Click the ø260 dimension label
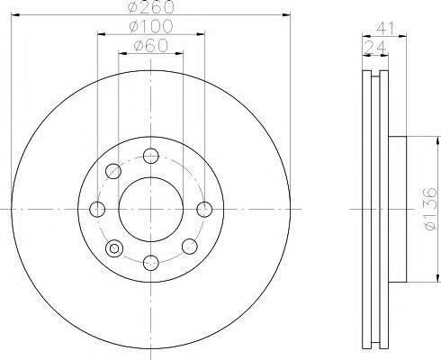coord(151,6)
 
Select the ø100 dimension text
coord(151,26)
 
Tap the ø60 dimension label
coord(151,46)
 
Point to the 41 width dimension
coord(385,28)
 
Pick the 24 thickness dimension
coord(375,47)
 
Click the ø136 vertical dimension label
coord(431,209)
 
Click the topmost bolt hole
coord(151,156)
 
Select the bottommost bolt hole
coord(151,263)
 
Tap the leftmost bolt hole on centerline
coord(97,209)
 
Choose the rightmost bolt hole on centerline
coord(204,209)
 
